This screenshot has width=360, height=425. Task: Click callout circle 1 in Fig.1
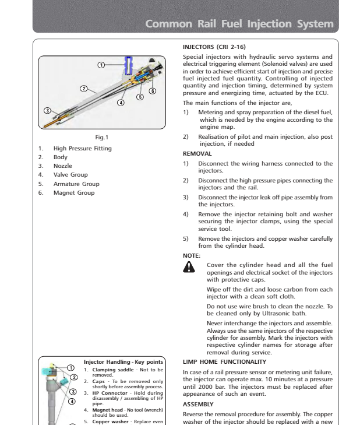(x=101, y=64)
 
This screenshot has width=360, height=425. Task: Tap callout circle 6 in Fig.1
(x=152, y=91)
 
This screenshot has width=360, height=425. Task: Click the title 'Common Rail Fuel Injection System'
(x=239, y=24)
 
